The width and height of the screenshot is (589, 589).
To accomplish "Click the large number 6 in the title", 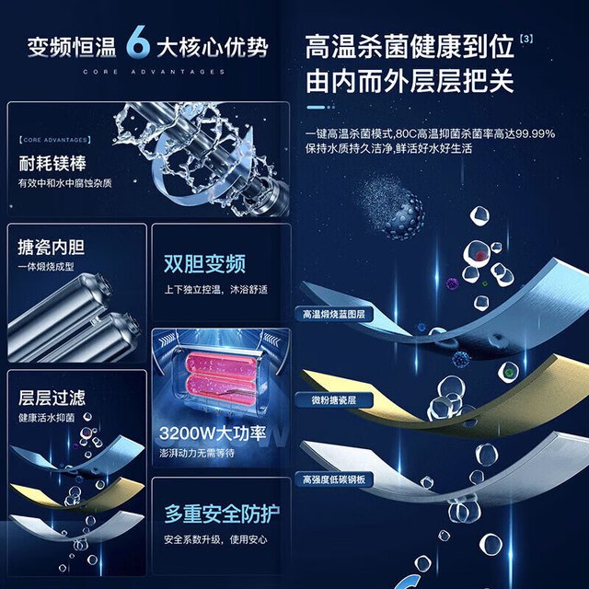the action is [x=138, y=42].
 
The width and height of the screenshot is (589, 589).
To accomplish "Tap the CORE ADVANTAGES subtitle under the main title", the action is [x=154, y=72].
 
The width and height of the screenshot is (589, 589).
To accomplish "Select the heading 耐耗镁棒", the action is [x=52, y=163].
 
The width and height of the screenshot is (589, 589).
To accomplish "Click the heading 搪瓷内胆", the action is [x=52, y=247].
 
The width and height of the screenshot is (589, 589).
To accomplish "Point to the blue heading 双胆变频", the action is [x=204, y=264].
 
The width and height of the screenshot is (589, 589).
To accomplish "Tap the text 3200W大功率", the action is [x=213, y=433].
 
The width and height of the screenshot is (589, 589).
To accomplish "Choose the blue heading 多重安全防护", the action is [x=222, y=514].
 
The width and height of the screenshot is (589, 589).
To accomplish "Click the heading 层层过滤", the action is [x=52, y=398].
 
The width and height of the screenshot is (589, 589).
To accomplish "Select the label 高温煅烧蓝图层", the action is [x=334, y=314].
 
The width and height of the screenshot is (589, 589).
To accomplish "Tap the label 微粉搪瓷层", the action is [x=333, y=400].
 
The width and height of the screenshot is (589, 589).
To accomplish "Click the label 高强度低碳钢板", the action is [x=334, y=479].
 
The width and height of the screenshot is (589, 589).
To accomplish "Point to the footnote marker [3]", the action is [x=526, y=39].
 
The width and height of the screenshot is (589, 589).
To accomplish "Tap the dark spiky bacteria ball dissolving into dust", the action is [x=403, y=215].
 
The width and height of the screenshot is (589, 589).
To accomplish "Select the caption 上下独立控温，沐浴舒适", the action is [x=216, y=289].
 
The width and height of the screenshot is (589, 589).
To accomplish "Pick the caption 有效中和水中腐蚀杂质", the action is [x=65, y=183].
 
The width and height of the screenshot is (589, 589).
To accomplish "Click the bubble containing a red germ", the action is [x=477, y=254].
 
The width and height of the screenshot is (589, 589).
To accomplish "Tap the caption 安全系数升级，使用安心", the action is [x=215, y=539].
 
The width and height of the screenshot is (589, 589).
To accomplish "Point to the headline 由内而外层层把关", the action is [x=410, y=81].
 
